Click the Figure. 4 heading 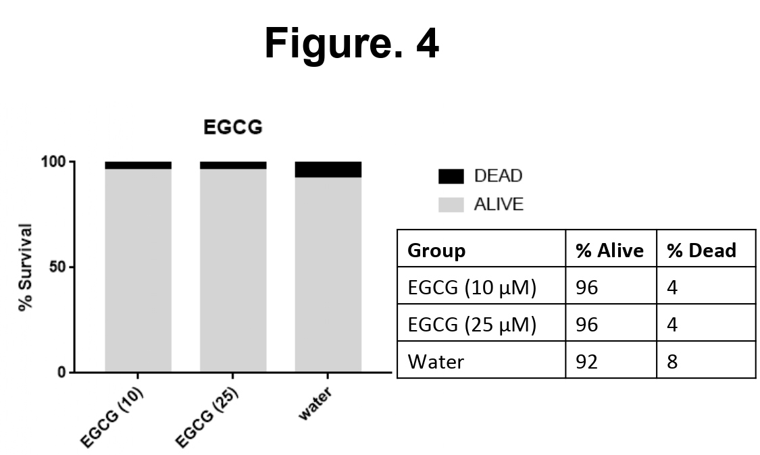click(351, 44)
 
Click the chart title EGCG click(233, 128)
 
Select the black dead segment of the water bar click(328, 169)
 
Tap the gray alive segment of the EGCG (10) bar click(138, 270)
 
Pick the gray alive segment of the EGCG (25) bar click(233, 270)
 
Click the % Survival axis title click(26, 267)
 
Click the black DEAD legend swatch click(451, 177)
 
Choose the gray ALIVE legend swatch click(451, 205)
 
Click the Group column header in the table click(436, 250)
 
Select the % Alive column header click(609, 250)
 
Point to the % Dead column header click(701, 250)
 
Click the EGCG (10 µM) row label click(472, 288)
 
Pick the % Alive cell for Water click(586, 362)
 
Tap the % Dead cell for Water click(672, 362)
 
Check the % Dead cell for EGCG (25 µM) click(672, 325)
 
